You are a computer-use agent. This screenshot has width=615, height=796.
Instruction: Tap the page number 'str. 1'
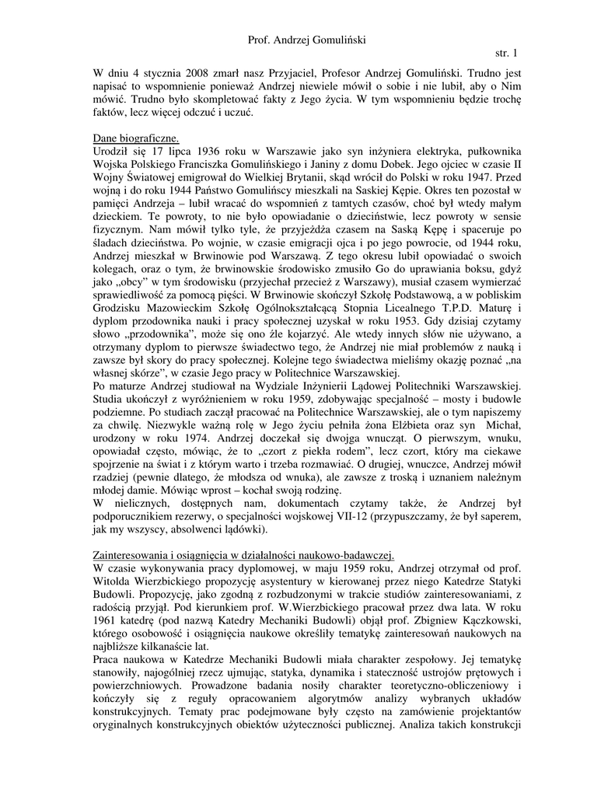point(505,53)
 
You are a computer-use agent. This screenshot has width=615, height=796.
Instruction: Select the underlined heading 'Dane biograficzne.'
point(136,137)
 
